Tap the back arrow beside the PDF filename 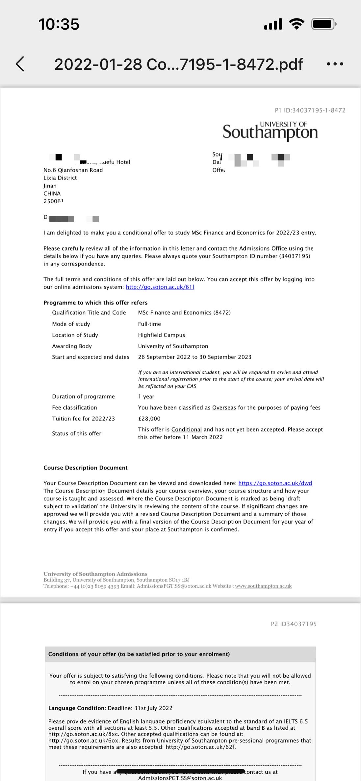click(20, 64)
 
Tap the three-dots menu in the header click(335, 64)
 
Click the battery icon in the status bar click(324, 24)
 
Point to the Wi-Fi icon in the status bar click(297, 24)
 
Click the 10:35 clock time click(59, 24)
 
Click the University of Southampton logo click(270, 131)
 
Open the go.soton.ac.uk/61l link click(160, 287)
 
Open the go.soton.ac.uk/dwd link click(275, 483)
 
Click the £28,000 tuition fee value click(149, 419)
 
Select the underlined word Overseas click(224, 408)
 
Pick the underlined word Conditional click(186, 429)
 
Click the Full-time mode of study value click(149, 324)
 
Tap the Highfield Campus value click(161, 335)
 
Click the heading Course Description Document click(85, 468)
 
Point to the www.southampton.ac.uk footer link click(263, 586)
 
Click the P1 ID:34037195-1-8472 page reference click(310, 110)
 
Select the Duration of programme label click(83, 397)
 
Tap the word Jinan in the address click(50, 186)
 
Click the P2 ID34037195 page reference click(294, 624)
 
